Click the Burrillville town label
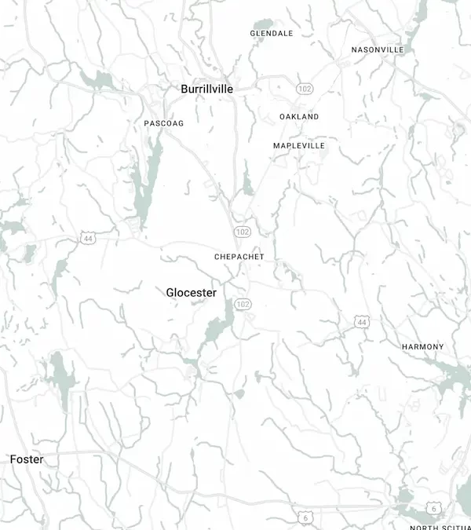click(206, 90)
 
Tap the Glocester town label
click(192, 292)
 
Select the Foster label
click(27, 459)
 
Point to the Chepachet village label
click(239, 257)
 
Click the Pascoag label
click(163, 123)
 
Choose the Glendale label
click(272, 34)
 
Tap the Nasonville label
click(378, 49)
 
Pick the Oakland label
click(299, 116)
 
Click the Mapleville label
click(299, 146)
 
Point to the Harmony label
click(422, 346)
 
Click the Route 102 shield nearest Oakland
click(305, 90)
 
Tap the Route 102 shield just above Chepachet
click(242, 232)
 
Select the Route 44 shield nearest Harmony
click(361, 322)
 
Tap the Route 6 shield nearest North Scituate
click(433, 508)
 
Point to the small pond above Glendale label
click(263, 24)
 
